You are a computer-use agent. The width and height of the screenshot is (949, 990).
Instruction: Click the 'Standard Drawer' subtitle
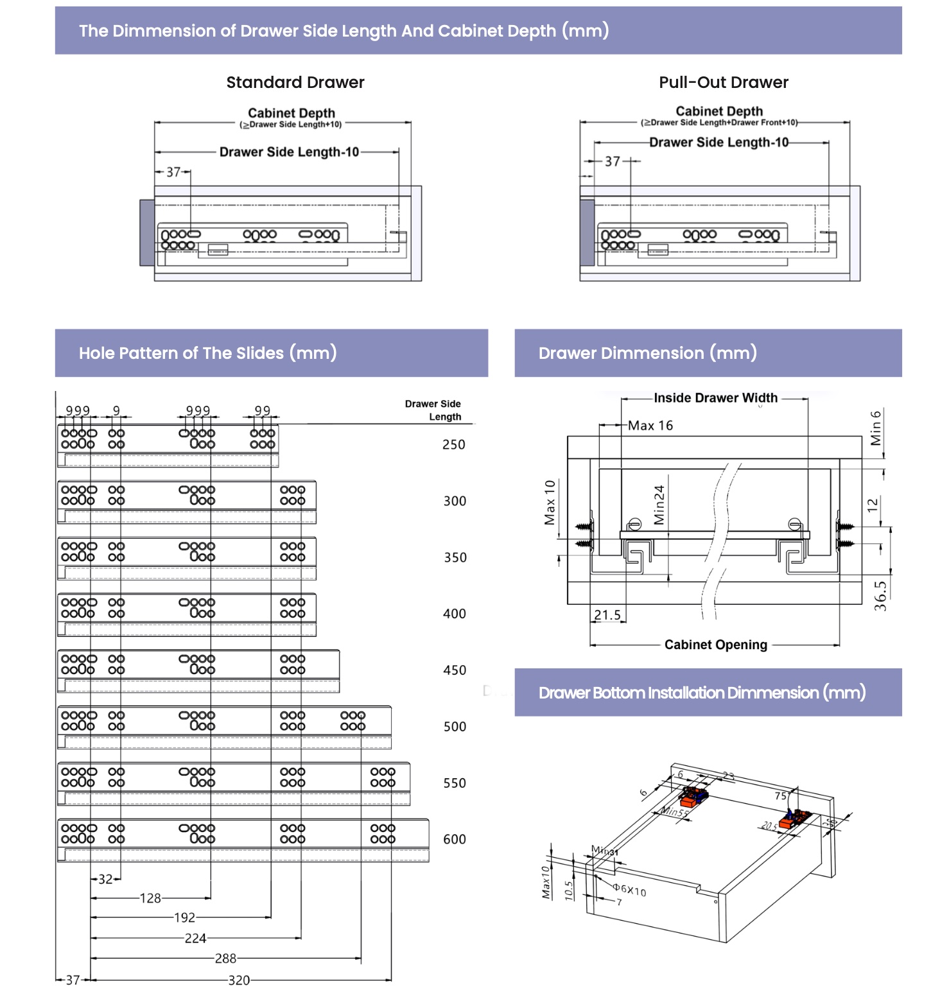click(295, 82)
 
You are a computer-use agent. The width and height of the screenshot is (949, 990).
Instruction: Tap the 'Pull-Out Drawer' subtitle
click(724, 82)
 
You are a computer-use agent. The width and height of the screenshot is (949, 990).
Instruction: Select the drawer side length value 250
click(454, 444)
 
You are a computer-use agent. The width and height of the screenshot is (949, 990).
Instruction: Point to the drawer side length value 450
click(455, 670)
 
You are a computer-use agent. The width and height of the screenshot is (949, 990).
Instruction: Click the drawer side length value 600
click(455, 839)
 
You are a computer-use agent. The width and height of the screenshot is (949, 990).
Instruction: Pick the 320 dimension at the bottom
click(239, 980)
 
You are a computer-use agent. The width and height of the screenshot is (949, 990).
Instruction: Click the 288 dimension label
click(225, 959)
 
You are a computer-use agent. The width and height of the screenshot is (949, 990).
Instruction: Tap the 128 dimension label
click(150, 898)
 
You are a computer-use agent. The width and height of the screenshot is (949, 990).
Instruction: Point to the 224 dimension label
click(195, 939)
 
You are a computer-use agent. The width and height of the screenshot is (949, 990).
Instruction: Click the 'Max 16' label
click(650, 426)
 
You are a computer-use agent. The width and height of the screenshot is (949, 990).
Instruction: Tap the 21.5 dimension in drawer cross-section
click(607, 615)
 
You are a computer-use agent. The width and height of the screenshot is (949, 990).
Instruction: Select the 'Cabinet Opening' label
click(716, 645)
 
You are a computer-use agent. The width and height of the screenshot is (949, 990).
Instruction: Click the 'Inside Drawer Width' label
click(715, 398)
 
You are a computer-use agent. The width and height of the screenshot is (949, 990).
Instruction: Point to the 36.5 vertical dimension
click(880, 596)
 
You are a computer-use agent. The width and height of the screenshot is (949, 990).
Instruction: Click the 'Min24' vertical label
click(659, 505)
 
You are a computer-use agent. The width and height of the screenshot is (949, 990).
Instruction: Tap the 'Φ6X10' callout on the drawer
click(629, 890)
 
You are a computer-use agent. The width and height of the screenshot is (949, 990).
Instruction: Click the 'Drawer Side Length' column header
click(433, 410)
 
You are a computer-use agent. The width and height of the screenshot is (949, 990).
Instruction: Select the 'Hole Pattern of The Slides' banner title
click(207, 353)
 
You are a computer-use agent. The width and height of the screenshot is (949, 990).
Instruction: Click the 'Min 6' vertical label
click(876, 428)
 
